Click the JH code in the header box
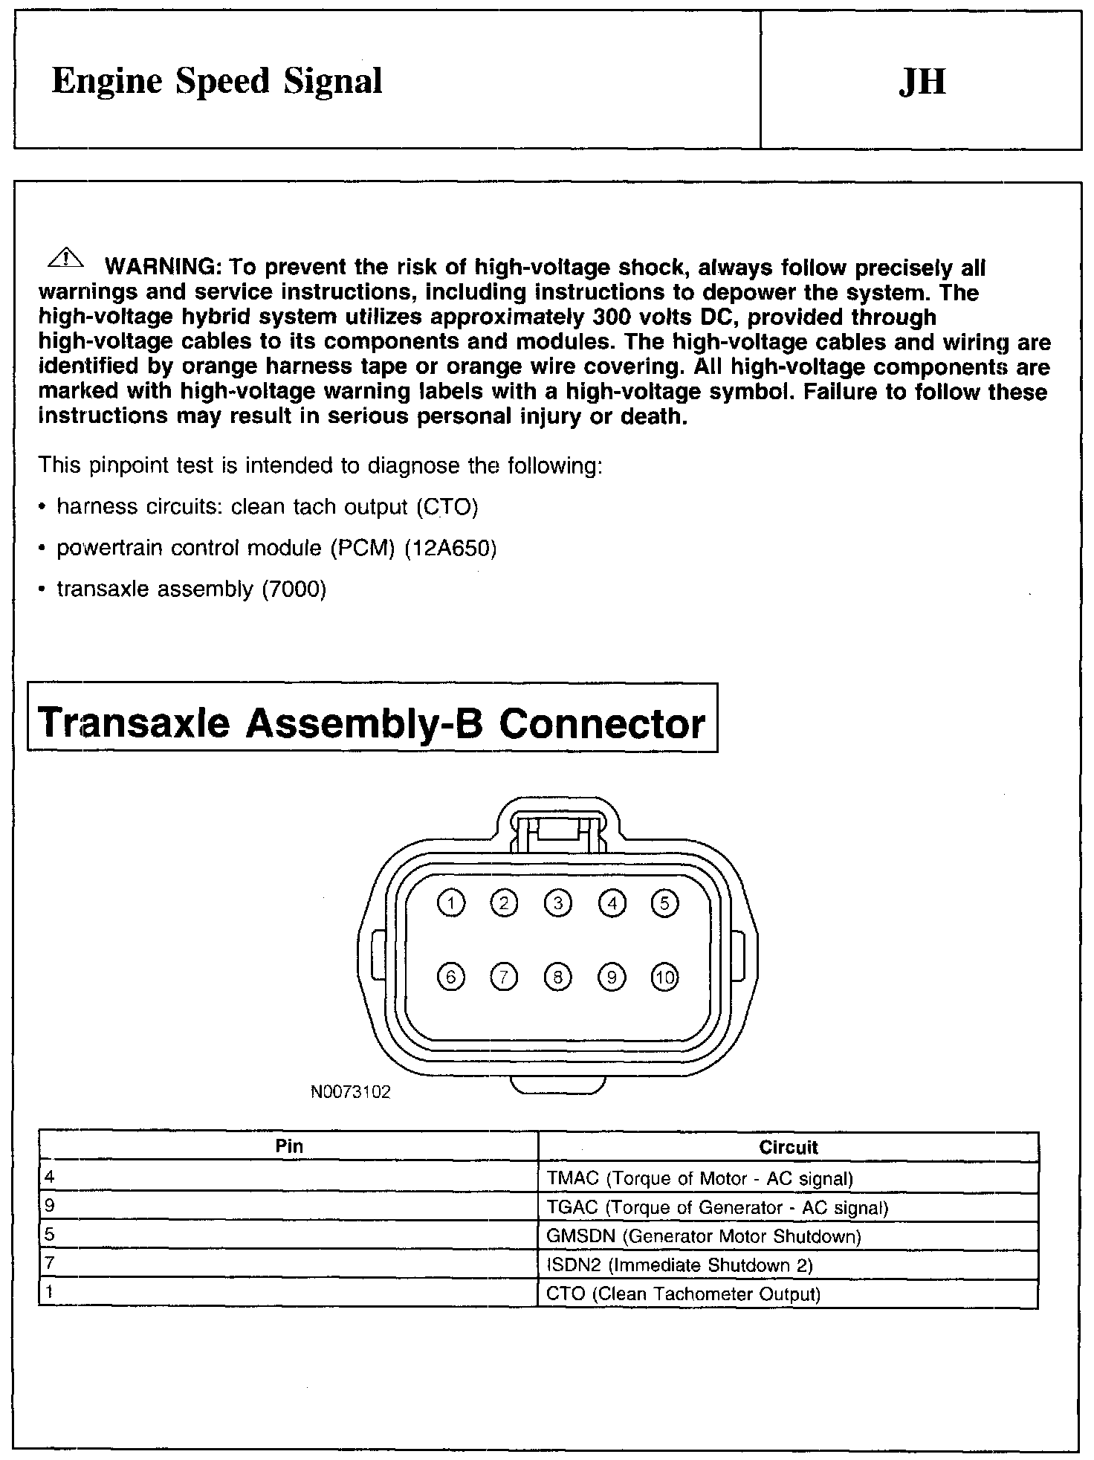point(922,82)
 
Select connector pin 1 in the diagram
point(451,903)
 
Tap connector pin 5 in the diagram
point(664,903)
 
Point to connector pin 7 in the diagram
point(504,977)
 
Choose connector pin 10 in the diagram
point(664,977)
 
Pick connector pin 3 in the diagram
point(558,903)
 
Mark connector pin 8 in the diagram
point(558,977)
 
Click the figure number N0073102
point(351,1092)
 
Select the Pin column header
point(289,1146)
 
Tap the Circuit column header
point(789,1147)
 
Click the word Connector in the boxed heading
point(601,723)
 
